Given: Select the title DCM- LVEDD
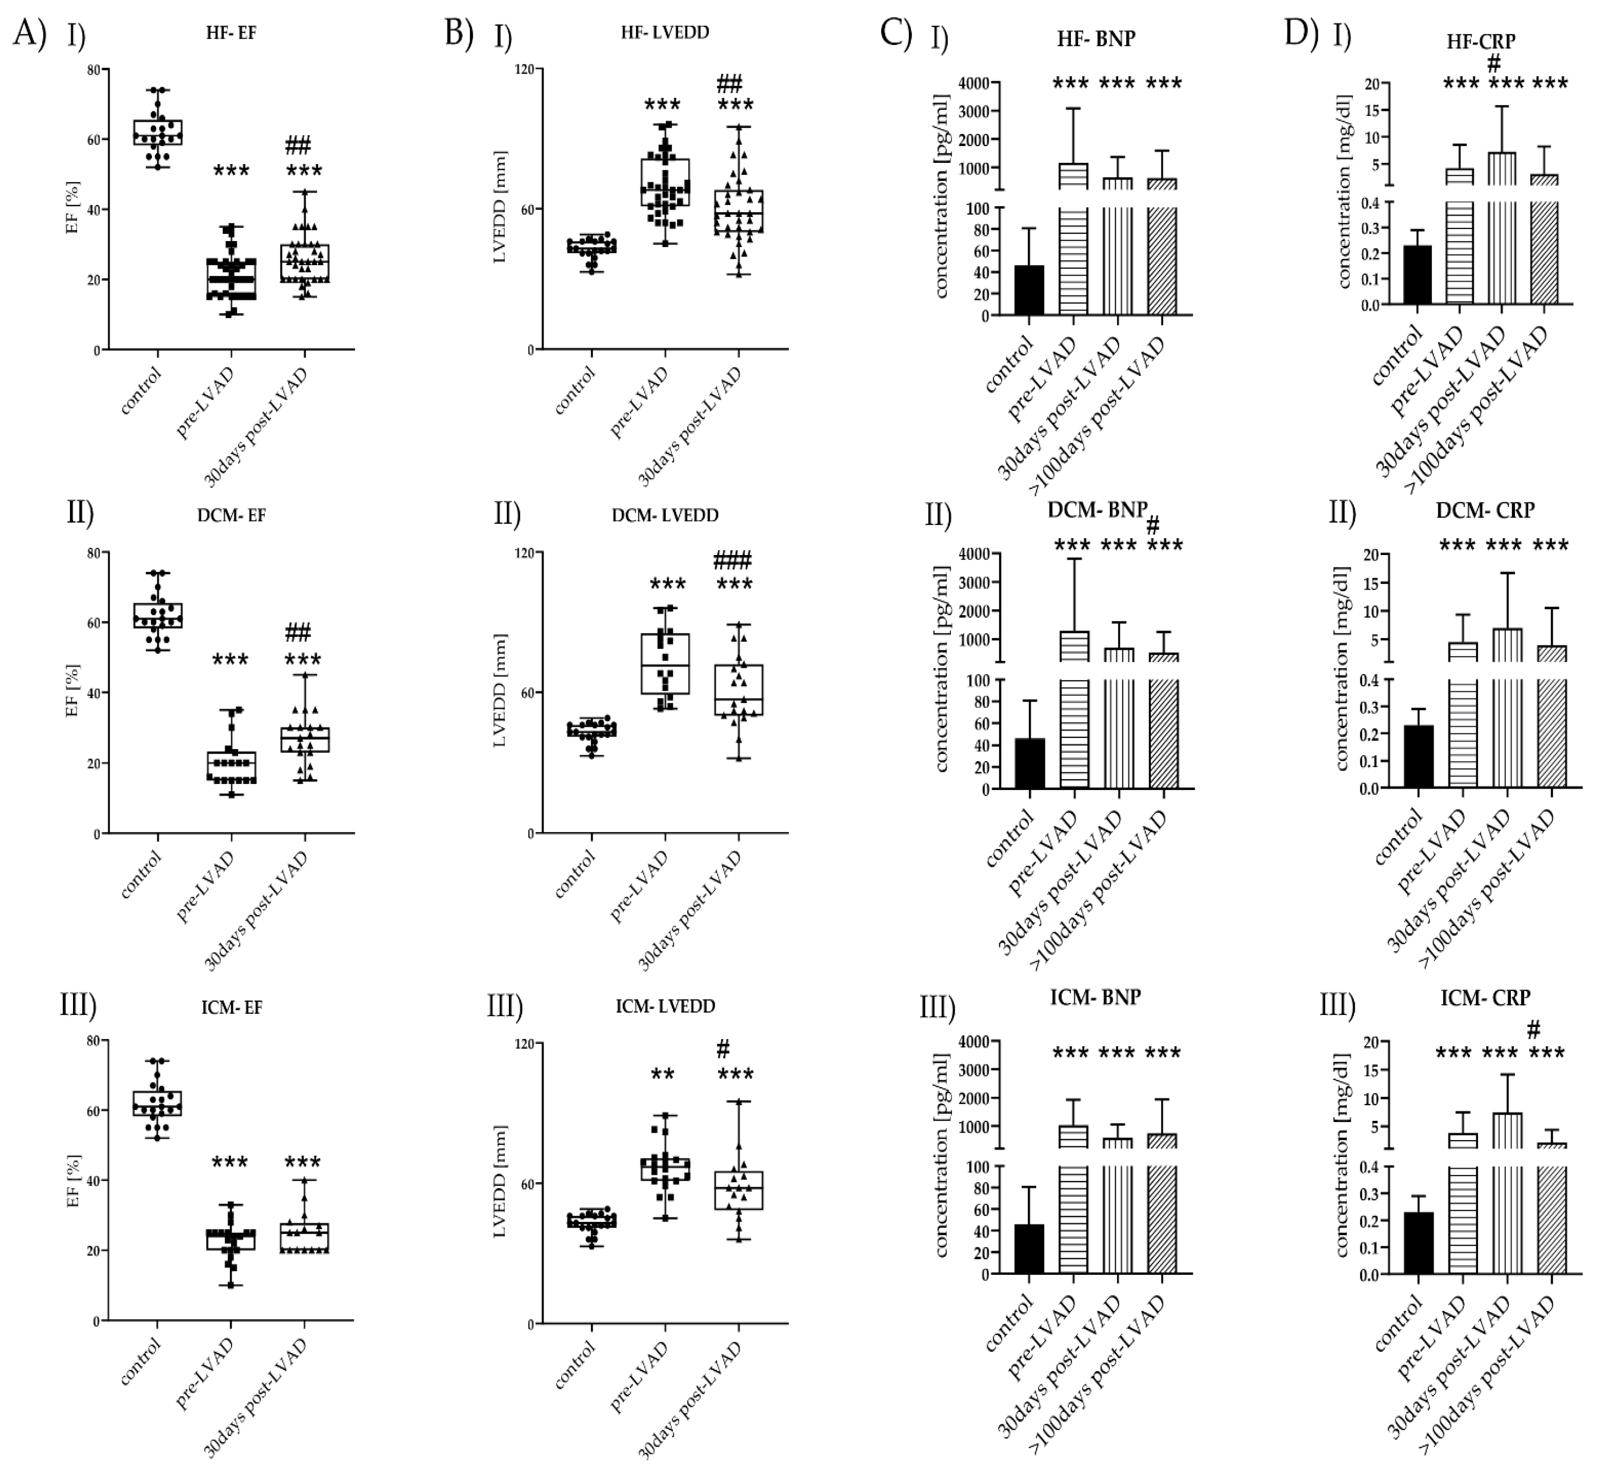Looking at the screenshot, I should click(x=665, y=515).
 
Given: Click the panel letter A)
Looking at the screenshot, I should click(x=30, y=33).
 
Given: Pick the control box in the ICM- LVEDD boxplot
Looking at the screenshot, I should click(x=591, y=1221).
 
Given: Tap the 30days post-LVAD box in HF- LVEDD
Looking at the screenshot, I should click(x=738, y=212).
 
